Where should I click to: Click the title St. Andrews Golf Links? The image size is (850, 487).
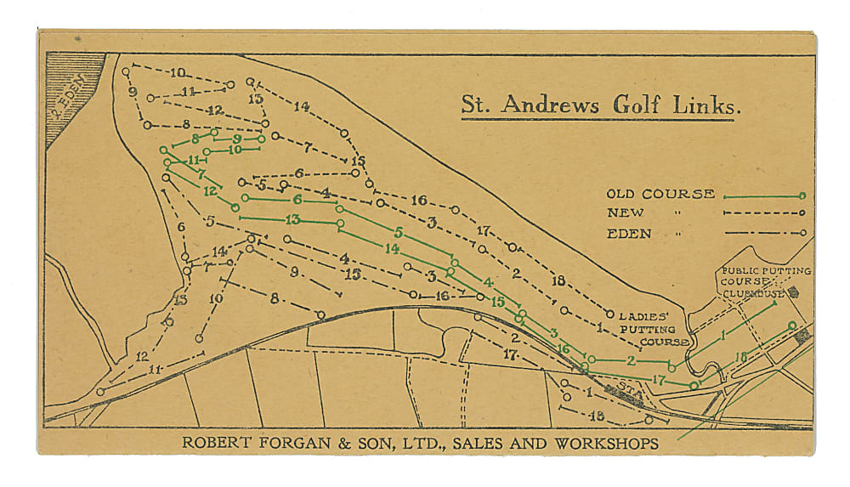coord(598,105)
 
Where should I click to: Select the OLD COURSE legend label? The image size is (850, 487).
coord(660,194)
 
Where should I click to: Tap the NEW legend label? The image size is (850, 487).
coord(626,212)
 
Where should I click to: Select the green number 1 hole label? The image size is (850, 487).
coord(723,337)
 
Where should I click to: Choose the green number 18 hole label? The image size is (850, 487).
coord(739,357)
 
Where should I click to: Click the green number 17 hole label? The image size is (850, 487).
coord(657,379)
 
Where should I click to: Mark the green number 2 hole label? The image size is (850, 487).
coord(631,360)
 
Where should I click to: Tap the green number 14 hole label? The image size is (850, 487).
coord(391,248)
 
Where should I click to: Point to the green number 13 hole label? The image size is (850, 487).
coord(292,220)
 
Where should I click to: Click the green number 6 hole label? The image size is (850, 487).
coord(297,200)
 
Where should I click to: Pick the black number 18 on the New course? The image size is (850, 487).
coord(558,280)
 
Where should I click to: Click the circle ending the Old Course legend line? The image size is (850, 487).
coord(801,195)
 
